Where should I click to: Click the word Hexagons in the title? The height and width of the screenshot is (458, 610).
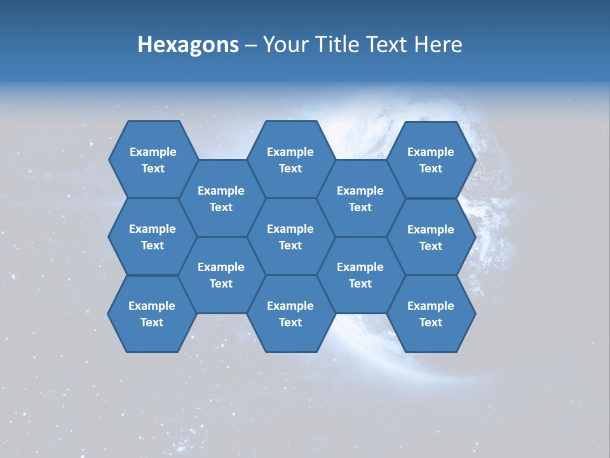pos(188,45)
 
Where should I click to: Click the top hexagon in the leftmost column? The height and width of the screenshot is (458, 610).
pos(152,160)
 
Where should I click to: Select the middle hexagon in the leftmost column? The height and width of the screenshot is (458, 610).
pos(152,237)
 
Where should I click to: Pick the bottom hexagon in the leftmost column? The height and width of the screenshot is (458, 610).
pos(152,314)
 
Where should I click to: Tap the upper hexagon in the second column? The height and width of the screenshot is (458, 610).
pos(221,198)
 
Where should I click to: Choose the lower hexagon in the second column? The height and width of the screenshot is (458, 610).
pos(221,275)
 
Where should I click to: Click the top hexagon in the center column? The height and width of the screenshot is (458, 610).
pos(290,160)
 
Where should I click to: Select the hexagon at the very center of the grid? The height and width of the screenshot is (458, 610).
pos(290,237)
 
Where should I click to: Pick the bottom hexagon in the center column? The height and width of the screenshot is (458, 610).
pos(290,314)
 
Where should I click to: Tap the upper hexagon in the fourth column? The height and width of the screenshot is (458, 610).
pos(360,198)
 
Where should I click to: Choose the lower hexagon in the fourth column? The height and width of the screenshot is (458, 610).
pos(360,275)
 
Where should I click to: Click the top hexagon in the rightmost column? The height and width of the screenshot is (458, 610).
pos(431,160)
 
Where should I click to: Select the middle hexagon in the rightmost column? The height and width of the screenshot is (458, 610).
pos(431,237)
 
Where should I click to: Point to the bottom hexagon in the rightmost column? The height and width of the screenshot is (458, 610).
pos(431,314)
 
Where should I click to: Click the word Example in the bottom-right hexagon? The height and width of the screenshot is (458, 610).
pos(431,306)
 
